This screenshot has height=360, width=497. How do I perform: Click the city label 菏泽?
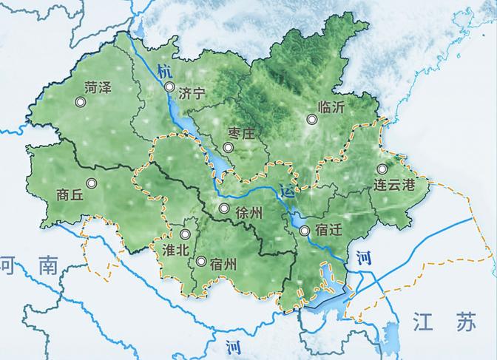click(98, 87)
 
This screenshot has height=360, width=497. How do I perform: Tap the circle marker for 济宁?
click(169, 87)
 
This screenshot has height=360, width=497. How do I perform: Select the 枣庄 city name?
click(241, 134)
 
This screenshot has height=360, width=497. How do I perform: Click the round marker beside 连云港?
click(382, 169)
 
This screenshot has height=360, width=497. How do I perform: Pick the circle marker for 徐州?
click(223, 208)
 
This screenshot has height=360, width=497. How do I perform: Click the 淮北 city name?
click(175, 248)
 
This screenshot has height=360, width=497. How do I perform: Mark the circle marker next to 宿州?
click(201, 261)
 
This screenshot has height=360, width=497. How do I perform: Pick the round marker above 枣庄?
click(229, 148)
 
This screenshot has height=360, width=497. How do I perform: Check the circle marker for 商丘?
click(91, 183)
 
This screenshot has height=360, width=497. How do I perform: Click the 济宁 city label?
click(191, 94)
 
